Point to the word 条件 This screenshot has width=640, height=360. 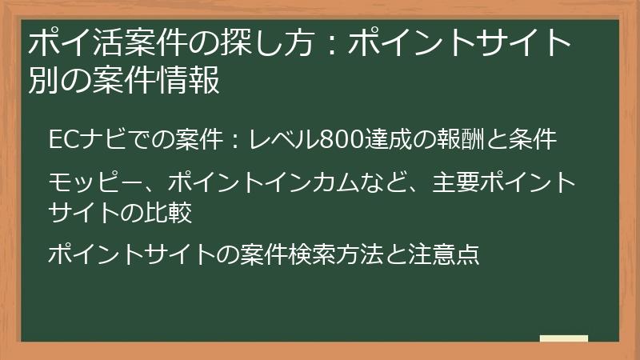tap(533, 139)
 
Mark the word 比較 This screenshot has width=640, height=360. tap(168, 212)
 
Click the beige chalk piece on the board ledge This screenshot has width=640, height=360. tap(563, 339)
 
